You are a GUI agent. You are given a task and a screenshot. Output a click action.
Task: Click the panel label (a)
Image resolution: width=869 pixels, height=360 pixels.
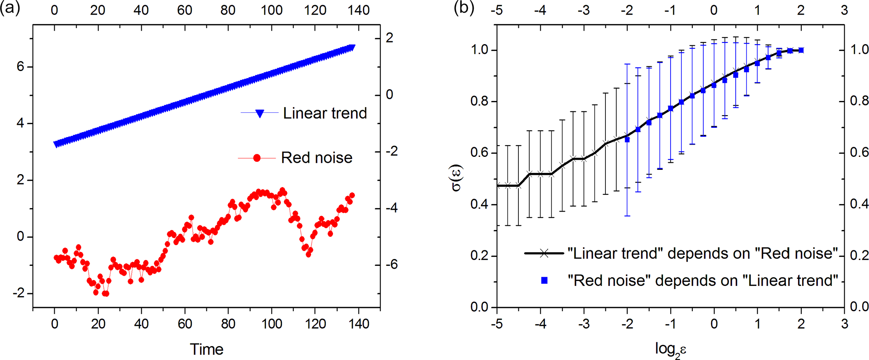(10, 8)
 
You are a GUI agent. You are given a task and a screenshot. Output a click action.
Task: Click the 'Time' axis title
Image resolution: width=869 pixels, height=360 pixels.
(206, 349)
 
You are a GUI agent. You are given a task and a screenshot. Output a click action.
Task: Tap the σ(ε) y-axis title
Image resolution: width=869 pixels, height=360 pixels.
(457, 177)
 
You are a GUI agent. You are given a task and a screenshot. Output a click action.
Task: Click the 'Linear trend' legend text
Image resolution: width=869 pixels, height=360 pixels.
(325, 113)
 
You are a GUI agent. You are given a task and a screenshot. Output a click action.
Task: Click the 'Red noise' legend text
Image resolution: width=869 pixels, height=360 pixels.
(317, 158)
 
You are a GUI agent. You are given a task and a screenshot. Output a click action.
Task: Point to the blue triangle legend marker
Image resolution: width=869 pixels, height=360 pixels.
(260, 113)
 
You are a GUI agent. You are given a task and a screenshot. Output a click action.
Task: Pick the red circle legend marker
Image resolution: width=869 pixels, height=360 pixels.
(257, 158)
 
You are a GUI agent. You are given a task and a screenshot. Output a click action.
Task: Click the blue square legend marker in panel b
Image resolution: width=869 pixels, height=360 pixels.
(544, 280)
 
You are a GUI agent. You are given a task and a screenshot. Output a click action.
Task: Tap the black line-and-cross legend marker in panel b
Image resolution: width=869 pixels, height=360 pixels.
(544, 253)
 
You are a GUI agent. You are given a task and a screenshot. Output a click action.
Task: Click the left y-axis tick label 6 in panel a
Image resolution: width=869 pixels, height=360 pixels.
(20, 67)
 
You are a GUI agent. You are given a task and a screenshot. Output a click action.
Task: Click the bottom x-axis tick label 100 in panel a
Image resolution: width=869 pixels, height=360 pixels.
(272, 324)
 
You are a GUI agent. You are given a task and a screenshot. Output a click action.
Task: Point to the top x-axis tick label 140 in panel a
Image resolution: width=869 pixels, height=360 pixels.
(359, 10)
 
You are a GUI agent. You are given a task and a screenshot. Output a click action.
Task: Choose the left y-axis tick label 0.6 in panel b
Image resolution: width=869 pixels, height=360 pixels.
(479, 153)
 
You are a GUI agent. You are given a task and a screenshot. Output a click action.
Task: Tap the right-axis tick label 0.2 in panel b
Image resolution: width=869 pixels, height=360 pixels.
(859, 256)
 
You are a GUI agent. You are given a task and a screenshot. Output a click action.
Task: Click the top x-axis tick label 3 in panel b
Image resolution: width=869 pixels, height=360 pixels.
(844, 10)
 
